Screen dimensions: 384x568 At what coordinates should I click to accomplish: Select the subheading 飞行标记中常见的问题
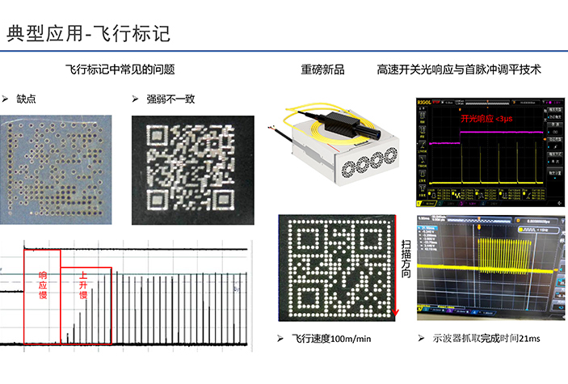[x=120, y=70]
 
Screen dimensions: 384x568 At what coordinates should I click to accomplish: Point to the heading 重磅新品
[x=322, y=70]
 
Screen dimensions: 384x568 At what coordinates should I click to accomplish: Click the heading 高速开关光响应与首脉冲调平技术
[x=458, y=70]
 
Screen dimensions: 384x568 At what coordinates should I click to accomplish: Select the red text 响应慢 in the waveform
[x=43, y=285]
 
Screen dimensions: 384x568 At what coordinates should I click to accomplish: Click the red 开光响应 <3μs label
[x=486, y=119]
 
